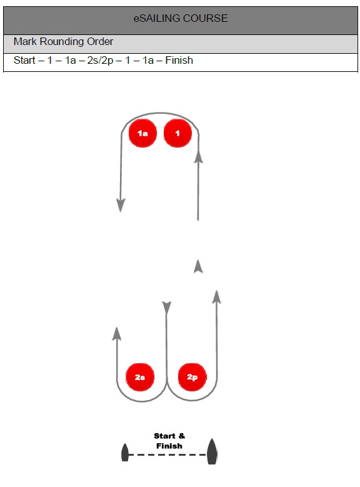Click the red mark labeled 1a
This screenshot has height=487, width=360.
click(142, 133)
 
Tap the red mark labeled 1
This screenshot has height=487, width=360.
click(177, 133)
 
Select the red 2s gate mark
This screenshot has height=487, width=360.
click(140, 377)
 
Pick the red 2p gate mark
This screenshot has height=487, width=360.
click(192, 377)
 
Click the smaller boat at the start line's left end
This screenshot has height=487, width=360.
click(125, 453)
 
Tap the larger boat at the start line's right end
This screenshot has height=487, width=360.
click(212, 451)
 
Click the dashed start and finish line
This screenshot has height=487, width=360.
click(168, 454)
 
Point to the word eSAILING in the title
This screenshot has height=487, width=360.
click(156, 18)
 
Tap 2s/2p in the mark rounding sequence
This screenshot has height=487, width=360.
click(101, 60)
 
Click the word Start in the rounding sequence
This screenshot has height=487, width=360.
click(24, 60)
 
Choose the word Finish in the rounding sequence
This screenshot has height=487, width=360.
click(179, 60)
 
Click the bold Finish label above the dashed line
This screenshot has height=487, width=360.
click(169, 446)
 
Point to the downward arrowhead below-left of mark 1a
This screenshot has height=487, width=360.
click(121, 205)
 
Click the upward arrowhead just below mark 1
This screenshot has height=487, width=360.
click(198, 156)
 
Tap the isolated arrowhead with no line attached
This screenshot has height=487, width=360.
click(198, 266)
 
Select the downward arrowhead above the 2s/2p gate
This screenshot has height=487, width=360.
click(166, 308)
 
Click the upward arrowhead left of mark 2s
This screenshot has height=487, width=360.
click(116, 334)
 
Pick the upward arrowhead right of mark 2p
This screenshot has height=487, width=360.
click(216, 296)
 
